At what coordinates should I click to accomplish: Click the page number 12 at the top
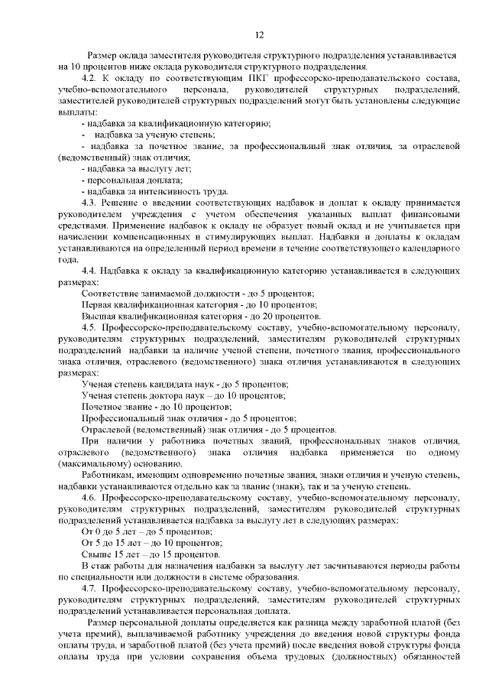pos(259,34)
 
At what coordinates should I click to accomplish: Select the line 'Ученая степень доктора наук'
pos(183,395)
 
